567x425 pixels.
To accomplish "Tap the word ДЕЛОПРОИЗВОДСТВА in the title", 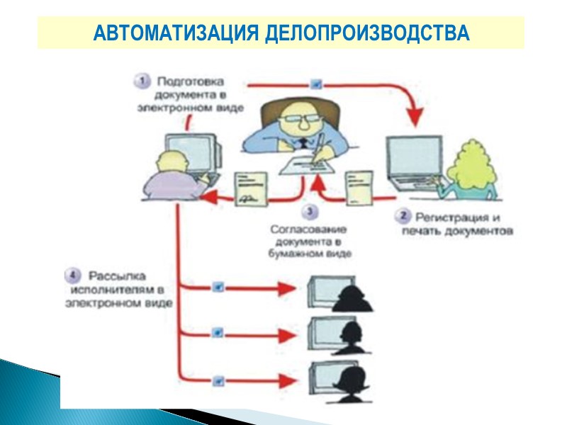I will point(366,33).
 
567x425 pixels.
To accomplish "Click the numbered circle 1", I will point(142,81).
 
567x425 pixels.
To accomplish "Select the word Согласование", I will point(310,229).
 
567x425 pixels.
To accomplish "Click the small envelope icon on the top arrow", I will point(317,84).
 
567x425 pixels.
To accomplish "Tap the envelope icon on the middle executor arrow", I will point(218,331).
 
